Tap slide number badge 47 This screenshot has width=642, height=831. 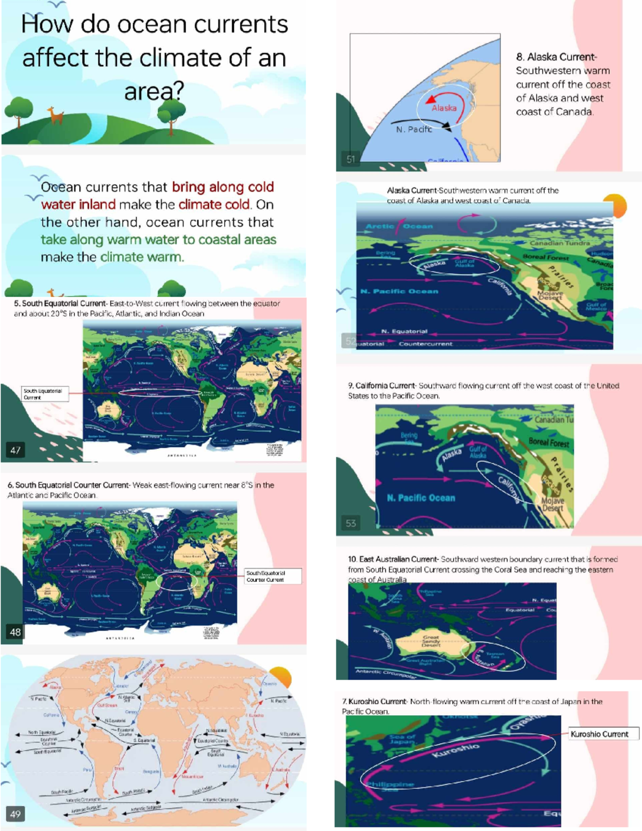[x=16, y=450]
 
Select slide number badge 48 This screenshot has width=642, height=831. [x=16, y=632]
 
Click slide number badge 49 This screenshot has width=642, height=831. [x=16, y=814]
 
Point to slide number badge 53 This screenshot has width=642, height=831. [x=350, y=523]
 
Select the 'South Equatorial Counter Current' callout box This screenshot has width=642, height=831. [x=272, y=576]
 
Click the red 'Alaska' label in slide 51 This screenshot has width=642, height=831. [x=444, y=108]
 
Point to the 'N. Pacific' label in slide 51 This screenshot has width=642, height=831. [x=414, y=129]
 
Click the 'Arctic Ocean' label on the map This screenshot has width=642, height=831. [x=399, y=226]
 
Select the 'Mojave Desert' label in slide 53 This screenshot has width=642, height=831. [x=553, y=504]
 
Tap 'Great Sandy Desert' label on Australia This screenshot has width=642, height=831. [x=431, y=641]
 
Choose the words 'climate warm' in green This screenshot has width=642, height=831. [x=142, y=257]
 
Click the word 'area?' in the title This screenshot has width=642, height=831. [x=154, y=91]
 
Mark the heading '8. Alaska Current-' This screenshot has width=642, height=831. [x=556, y=57]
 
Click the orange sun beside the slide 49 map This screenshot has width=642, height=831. [x=280, y=677]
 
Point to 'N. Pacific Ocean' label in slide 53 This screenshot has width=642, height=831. [x=421, y=498]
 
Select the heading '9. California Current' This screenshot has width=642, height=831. [x=381, y=385]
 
